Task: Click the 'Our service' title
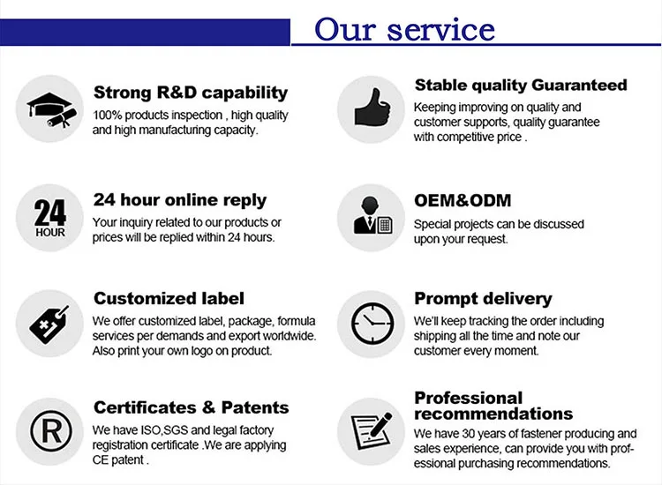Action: (x=404, y=29)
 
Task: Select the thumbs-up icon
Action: (x=372, y=108)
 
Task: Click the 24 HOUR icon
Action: (x=49, y=218)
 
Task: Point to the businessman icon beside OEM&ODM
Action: (x=372, y=215)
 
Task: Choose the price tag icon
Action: (x=49, y=324)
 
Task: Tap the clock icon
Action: (x=372, y=324)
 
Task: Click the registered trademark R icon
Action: (x=50, y=431)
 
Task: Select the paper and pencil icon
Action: (x=372, y=431)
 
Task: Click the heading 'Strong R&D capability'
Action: (x=191, y=93)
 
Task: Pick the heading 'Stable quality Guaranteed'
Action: (x=521, y=86)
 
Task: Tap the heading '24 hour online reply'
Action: (x=180, y=200)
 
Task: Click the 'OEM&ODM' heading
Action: (x=463, y=200)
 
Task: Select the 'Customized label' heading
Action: (x=169, y=299)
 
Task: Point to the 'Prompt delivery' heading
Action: (x=483, y=299)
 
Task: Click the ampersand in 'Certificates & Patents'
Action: (x=208, y=407)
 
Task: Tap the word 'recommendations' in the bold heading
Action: (x=493, y=414)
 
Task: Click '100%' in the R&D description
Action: (x=107, y=116)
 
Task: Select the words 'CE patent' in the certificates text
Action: (x=117, y=459)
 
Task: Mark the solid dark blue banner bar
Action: (x=145, y=32)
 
